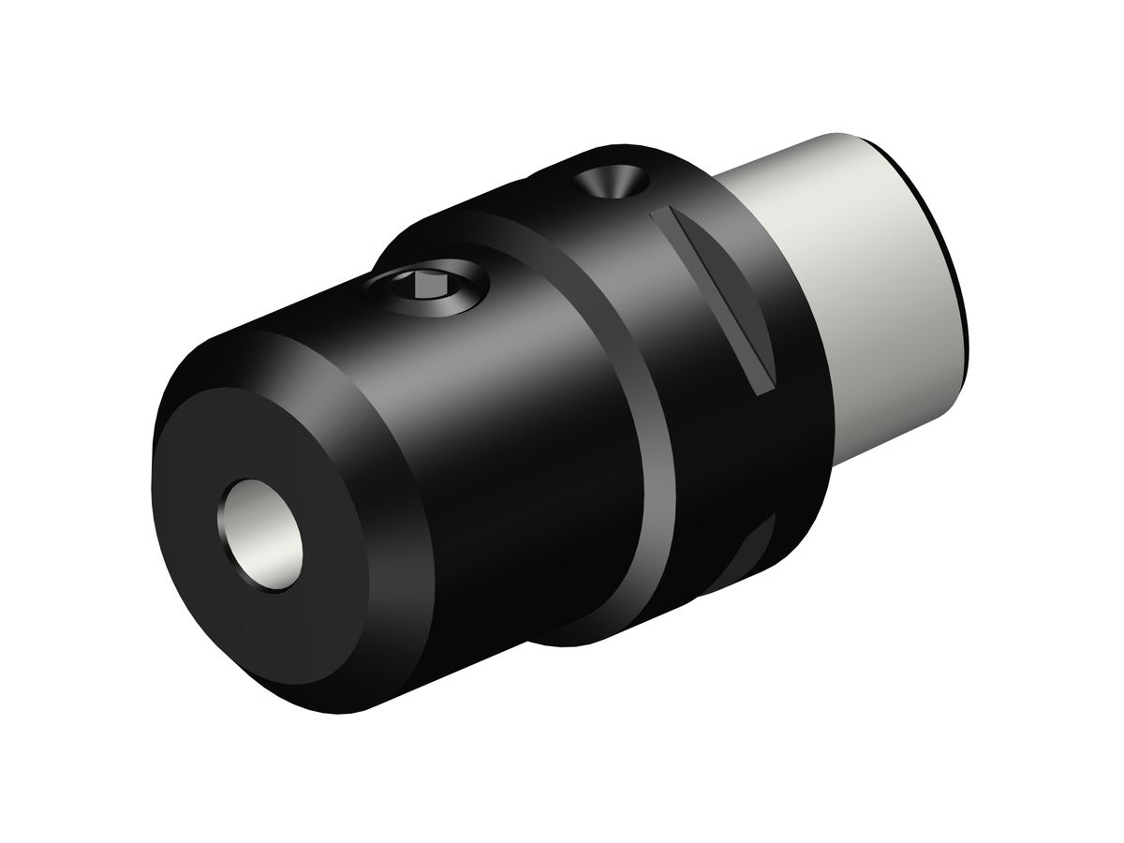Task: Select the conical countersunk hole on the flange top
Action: click(614, 182)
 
